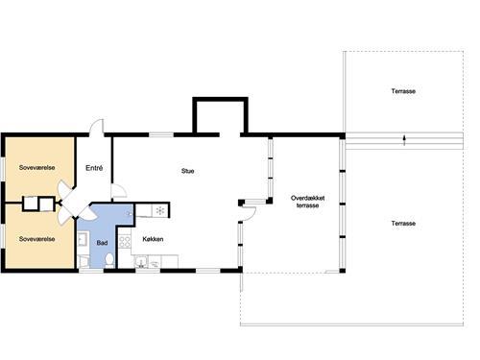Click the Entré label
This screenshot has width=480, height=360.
coord(94,168)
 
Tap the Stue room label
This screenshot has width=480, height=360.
coord(188,172)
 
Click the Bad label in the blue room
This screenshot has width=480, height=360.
coord(103,242)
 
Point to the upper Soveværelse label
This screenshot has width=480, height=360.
coord(36,167)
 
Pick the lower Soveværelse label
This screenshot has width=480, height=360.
coord(36,237)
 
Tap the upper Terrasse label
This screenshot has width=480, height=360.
coord(403,91)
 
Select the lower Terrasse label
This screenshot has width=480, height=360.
coord(403,223)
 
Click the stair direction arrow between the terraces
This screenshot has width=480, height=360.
coord(405,140)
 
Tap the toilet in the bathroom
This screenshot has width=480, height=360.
coord(110,259)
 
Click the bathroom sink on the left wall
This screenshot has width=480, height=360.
coord(84,241)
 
